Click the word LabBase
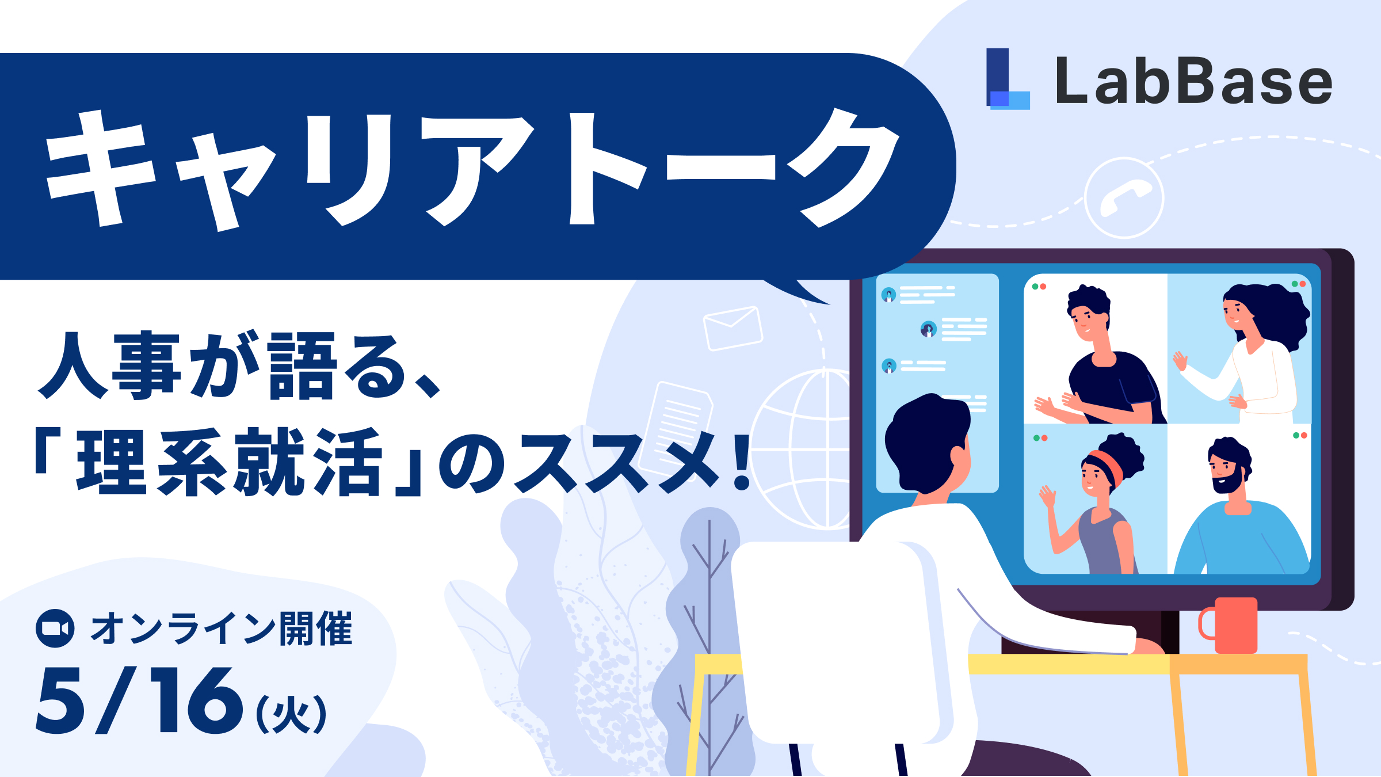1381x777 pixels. click(x=1193, y=82)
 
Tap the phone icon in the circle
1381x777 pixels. click(x=1124, y=198)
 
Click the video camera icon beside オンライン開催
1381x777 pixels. click(x=55, y=629)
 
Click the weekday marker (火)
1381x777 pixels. click(x=291, y=714)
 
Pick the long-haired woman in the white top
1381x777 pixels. click(x=1254, y=351)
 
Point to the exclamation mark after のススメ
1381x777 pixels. click(x=743, y=462)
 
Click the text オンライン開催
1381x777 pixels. click(x=222, y=629)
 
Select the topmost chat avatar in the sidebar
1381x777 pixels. click(x=888, y=295)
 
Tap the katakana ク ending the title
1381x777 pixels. click(x=843, y=167)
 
